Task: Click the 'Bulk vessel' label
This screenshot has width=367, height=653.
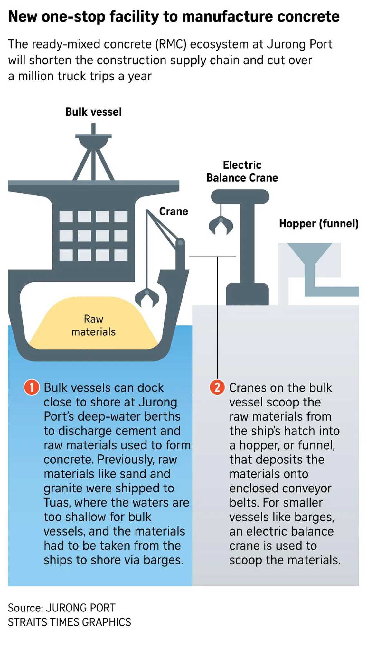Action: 93,112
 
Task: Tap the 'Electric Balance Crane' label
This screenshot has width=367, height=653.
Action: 242,171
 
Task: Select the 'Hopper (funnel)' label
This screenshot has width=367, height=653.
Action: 319,223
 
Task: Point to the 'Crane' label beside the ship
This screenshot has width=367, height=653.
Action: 174,211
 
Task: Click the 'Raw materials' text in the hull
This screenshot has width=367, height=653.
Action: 93,325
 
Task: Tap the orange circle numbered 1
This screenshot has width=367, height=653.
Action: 32,387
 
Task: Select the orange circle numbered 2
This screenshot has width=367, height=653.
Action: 217,387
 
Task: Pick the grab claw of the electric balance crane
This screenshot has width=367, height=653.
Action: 221,226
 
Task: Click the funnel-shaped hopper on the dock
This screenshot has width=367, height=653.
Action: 309,254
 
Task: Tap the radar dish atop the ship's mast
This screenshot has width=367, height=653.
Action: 93,142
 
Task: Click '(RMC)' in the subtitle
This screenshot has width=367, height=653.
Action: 171,44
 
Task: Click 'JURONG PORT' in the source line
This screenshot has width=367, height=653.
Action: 81,608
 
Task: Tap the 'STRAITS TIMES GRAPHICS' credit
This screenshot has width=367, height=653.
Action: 70,622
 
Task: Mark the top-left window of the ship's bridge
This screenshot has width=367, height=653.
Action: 66,217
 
